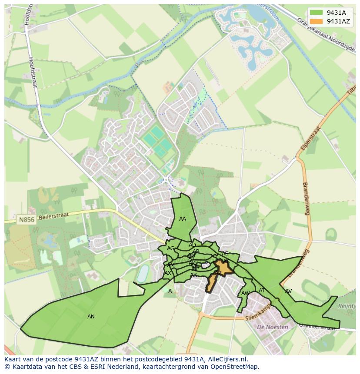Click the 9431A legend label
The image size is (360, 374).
[336, 13]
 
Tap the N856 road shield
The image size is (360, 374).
[26, 220]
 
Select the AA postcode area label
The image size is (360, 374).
[183, 219]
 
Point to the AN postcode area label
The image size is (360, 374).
[91, 317]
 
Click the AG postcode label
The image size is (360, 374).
[170, 248]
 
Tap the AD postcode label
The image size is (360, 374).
[192, 245]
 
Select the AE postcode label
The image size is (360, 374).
[225, 254]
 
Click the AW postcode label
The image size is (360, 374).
[245, 293]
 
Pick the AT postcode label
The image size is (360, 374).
[262, 291]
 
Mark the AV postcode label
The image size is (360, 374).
[288, 291]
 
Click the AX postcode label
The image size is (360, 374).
[168, 273]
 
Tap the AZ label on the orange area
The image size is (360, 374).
[218, 273]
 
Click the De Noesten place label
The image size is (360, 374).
[273, 327]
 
